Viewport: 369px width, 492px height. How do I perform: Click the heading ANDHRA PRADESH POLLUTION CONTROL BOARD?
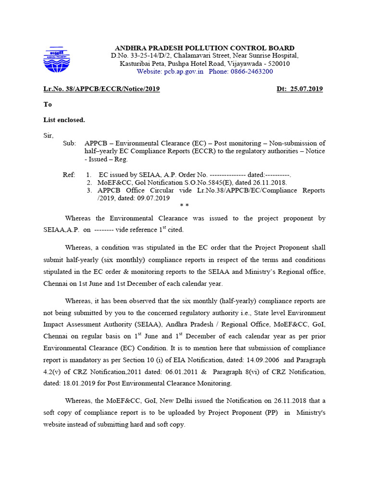204,48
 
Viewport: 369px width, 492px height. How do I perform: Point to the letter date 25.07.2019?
306,89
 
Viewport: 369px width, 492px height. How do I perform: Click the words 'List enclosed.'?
64,120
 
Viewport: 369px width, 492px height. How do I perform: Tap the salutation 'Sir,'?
49,135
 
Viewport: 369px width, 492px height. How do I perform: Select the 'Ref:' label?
69,175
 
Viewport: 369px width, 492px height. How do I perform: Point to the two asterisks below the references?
184,206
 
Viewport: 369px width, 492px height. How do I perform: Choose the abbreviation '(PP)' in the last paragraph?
271,413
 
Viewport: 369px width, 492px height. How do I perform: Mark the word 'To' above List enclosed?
48,104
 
